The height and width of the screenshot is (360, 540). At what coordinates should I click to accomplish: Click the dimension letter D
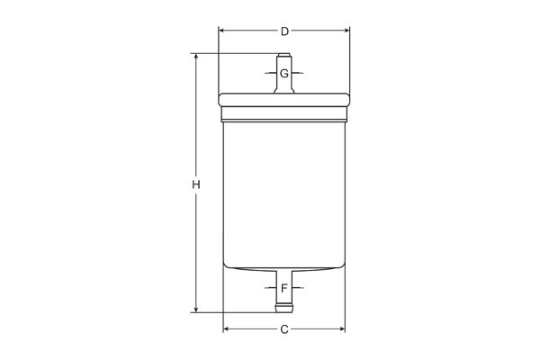tap(284, 31)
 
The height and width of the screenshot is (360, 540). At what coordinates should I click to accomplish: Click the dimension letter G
tap(283, 73)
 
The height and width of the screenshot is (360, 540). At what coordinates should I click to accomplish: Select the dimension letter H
tap(195, 184)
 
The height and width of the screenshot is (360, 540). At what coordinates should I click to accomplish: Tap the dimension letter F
tap(284, 289)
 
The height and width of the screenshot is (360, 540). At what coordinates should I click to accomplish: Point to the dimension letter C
tap(284, 329)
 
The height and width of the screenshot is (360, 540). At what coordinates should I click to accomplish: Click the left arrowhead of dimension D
tap(222, 31)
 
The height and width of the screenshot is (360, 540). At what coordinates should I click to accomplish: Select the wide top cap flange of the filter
tap(284, 99)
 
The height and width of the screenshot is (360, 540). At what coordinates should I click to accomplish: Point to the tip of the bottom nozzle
tap(284, 311)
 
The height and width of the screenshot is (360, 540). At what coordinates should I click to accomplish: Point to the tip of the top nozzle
tap(284, 56)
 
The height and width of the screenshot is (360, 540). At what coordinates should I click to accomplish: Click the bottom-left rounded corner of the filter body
tap(227, 264)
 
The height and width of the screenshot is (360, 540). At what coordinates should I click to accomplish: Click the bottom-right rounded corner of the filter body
tap(342, 264)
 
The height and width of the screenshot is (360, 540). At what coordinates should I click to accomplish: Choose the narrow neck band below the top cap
tap(284, 114)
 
